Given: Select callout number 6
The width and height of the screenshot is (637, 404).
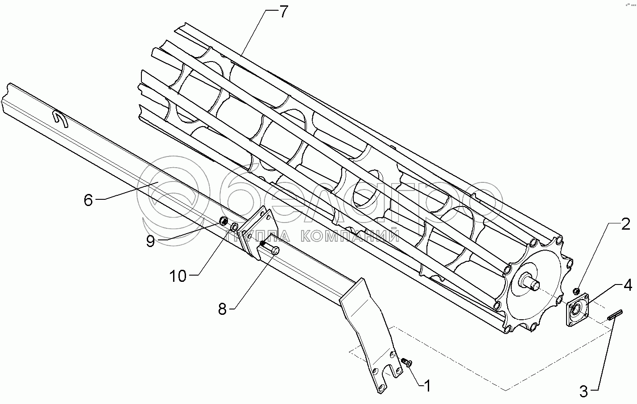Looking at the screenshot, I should point(88,200).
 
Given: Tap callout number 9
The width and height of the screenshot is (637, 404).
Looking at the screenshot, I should point(150,241).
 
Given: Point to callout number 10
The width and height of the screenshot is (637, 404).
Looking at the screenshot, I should point(178,276).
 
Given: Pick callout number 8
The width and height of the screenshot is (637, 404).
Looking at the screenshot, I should point(222,309).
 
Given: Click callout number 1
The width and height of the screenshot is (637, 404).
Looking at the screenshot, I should point(427,386).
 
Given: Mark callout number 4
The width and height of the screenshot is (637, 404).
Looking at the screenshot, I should point(628,284).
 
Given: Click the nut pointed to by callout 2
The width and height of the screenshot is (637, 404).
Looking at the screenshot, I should point(576,291).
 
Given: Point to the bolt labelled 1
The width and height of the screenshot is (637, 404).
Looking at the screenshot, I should point(407,362).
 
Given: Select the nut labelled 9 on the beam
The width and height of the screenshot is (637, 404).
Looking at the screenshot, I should point(224,222).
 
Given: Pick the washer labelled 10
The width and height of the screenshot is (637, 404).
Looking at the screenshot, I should point(234,228).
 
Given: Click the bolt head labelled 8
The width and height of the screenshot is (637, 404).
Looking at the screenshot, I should point(274,251).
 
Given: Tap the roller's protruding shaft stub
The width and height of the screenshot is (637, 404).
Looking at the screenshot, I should point(532,282).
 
